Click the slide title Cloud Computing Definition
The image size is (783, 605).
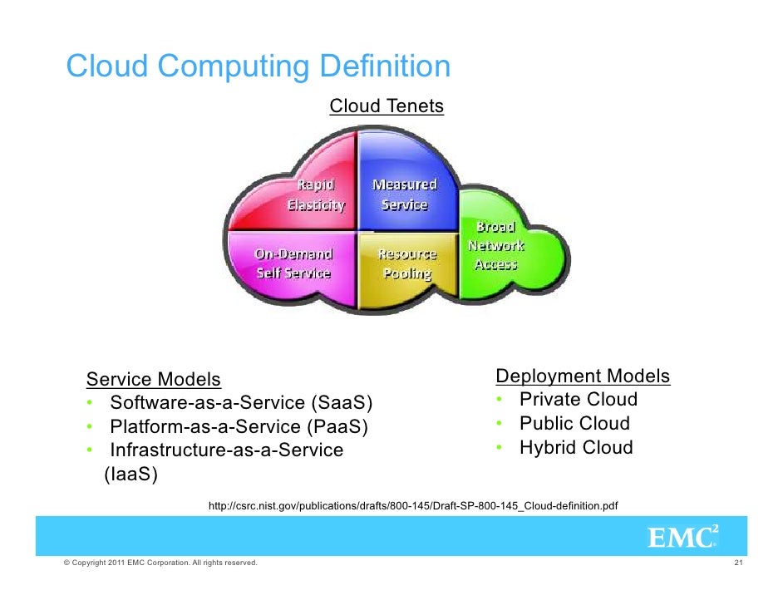(x=258, y=66)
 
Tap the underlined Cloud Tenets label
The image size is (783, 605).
(x=387, y=106)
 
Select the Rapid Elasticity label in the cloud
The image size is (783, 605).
(x=316, y=194)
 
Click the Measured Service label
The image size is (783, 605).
(x=404, y=194)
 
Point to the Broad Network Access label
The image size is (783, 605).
(x=496, y=246)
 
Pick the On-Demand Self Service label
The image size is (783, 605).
(x=293, y=263)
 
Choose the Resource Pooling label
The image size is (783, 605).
(x=406, y=263)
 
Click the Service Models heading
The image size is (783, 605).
(x=154, y=380)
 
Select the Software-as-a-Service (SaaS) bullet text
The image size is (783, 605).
(x=242, y=403)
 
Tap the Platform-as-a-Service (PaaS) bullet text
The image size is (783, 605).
(x=238, y=427)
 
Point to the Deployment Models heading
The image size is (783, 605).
(x=583, y=376)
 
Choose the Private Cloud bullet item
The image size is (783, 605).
(x=578, y=400)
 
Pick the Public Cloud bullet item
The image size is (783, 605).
(x=574, y=424)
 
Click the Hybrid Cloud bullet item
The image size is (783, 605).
(x=576, y=448)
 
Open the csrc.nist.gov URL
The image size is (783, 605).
(x=412, y=505)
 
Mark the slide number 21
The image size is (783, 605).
(x=737, y=563)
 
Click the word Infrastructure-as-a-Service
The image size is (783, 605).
(x=226, y=450)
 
